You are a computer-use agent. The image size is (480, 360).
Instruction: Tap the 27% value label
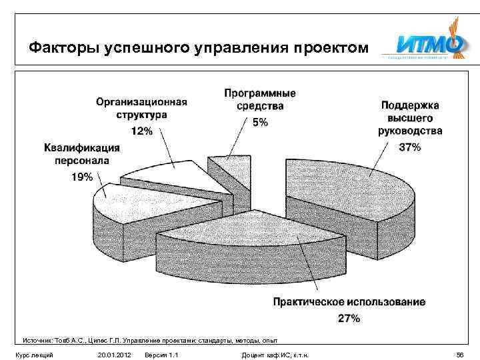pyautogui.click(x=349, y=318)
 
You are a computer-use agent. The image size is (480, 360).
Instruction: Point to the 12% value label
pyautogui.click(x=141, y=131)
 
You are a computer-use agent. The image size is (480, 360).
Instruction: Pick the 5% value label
pyautogui.click(x=261, y=122)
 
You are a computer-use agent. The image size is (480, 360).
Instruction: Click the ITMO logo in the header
pyautogui.click(x=429, y=46)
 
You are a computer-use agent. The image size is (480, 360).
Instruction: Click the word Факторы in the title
pyautogui.click(x=58, y=49)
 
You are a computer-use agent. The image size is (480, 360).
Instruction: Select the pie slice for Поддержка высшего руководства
pyautogui.click(x=347, y=193)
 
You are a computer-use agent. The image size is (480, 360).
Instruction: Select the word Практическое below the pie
pyautogui.click(x=313, y=302)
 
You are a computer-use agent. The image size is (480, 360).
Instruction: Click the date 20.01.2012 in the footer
pyautogui.click(x=114, y=355)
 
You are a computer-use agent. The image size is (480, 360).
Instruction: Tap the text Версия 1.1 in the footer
pyautogui.click(x=161, y=355)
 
